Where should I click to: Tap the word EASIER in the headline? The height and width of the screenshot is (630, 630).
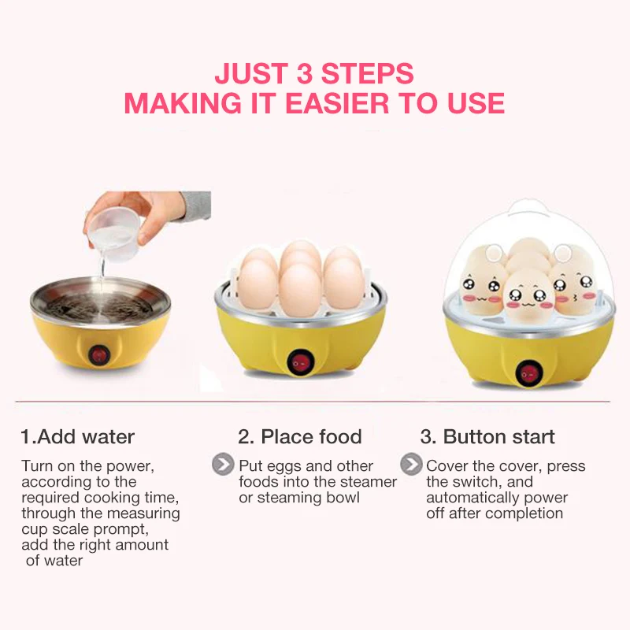coord(337,103)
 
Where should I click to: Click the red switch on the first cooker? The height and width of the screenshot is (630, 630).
coord(99,356)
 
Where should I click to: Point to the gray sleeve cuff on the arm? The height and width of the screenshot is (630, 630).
coord(195,206)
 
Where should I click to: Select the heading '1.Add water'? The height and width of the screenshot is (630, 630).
coord(77,437)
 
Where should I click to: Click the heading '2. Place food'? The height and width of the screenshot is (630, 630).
coord(300,437)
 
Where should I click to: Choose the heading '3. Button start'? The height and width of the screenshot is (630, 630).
coord(487,437)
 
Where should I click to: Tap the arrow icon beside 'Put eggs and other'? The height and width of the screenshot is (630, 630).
coord(223,464)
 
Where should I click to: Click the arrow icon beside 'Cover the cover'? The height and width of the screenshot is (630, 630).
coord(411,464)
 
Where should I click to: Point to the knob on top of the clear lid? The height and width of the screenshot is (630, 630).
coord(527,209)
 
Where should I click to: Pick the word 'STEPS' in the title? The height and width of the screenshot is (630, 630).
coord(367,73)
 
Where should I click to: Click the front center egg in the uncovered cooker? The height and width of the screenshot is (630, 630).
coord(301,290)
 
